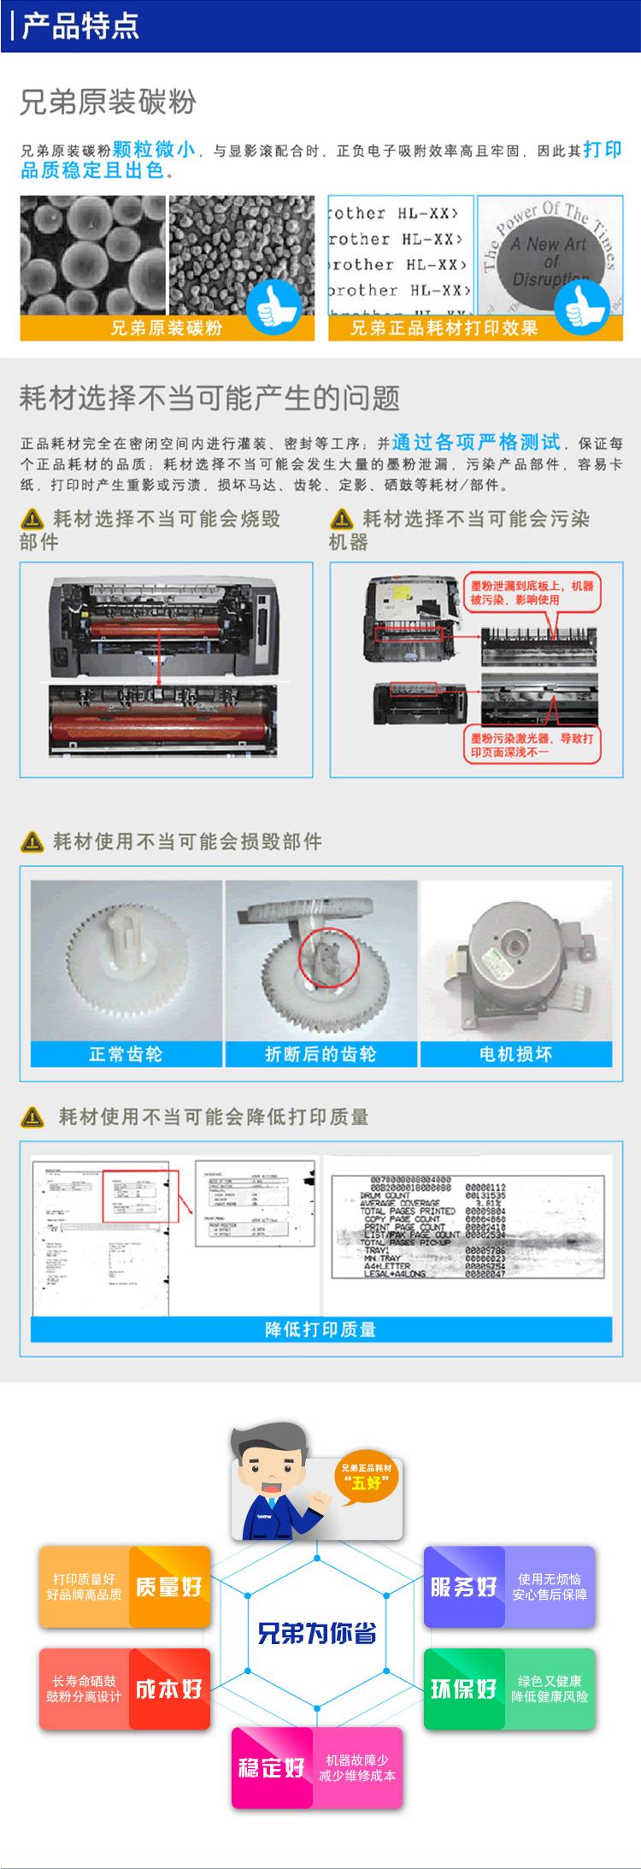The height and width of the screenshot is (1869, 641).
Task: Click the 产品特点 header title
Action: point(80,26)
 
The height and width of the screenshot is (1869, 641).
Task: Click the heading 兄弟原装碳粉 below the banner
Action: point(109,103)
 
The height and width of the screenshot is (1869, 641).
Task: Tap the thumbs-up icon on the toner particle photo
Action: point(273,307)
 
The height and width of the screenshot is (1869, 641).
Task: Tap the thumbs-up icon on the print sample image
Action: point(581,307)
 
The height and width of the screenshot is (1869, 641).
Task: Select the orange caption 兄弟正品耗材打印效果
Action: point(444,328)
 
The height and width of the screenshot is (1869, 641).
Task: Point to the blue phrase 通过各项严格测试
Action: point(476,442)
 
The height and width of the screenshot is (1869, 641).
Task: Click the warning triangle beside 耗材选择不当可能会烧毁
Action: point(32,519)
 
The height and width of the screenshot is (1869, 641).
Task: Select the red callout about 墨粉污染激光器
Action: point(532,745)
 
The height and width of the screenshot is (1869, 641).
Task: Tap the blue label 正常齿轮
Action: point(126,1054)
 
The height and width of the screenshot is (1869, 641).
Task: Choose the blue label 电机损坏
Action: point(515,1054)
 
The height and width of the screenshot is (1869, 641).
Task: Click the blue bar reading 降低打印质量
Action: point(320,1329)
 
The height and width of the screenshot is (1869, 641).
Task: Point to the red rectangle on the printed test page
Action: point(138,1195)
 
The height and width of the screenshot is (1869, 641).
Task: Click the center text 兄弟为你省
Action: point(317,1633)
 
